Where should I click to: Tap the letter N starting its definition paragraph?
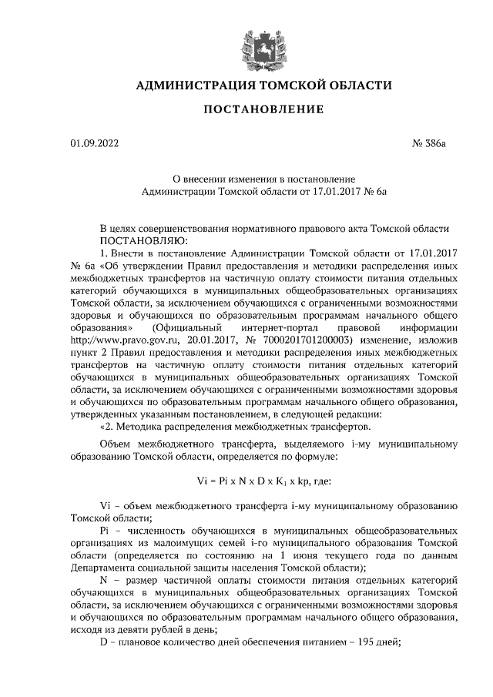click(x=104, y=580)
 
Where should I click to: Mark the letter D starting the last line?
click(x=105, y=642)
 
